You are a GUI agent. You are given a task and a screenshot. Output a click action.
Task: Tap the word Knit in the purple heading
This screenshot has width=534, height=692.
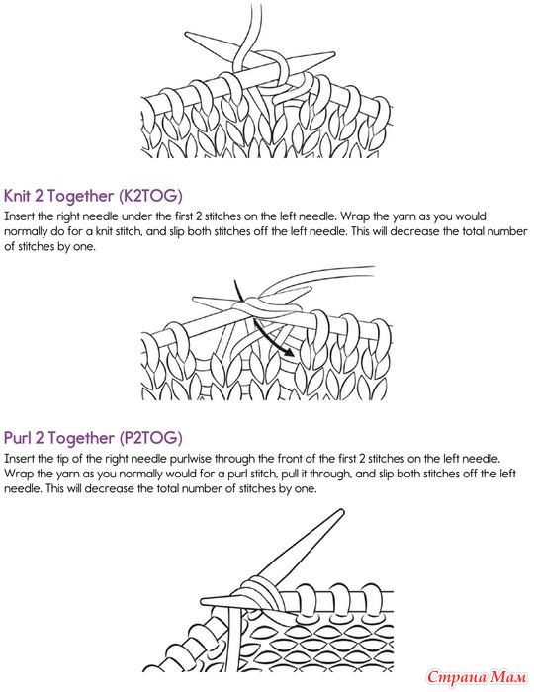[17, 195]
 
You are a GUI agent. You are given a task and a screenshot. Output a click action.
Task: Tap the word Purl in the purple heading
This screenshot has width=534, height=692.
[17, 437]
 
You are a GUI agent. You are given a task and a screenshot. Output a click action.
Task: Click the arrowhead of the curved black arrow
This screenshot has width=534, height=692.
[288, 352]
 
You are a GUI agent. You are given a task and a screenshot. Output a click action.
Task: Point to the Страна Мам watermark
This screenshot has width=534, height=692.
[477, 676]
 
